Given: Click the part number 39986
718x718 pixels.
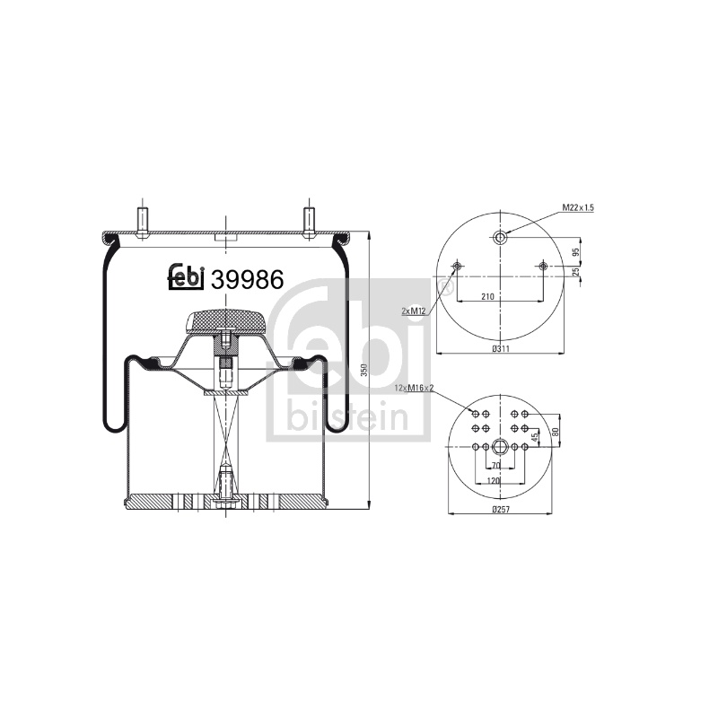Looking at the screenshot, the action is [248, 279].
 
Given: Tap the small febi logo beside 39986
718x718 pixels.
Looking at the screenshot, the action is [186, 276].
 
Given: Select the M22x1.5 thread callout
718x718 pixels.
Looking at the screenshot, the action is [578, 208].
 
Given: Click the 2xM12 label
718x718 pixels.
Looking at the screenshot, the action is [414, 311].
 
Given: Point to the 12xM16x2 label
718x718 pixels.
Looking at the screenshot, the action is [414, 389].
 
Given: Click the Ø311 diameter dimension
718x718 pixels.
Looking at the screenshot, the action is [501, 349].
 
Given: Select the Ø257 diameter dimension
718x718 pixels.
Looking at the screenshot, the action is [501, 509].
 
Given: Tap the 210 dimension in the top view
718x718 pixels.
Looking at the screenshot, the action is [487, 297].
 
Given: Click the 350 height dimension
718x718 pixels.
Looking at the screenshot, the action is [364, 370].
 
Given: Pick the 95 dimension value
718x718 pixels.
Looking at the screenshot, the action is [576, 252].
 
